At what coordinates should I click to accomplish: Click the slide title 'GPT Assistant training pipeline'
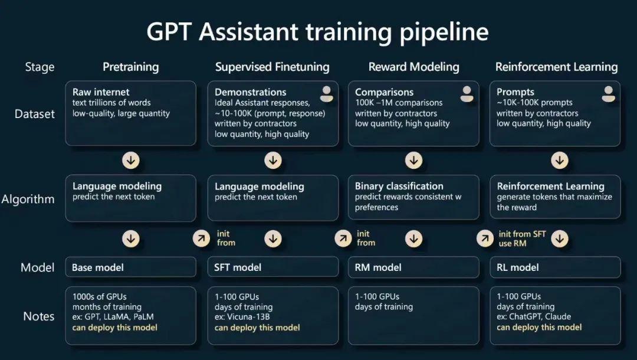click(x=317, y=32)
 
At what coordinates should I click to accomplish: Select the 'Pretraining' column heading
click(x=130, y=67)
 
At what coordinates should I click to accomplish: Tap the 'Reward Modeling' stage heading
click(x=413, y=67)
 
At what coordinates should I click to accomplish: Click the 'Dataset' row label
click(x=35, y=114)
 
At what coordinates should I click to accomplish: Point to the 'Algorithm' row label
click(x=28, y=199)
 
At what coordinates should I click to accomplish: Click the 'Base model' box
click(x=130, y=267)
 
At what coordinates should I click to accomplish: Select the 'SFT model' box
click(x=272, y=267)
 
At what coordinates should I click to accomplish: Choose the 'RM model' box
click(x=413, y=267)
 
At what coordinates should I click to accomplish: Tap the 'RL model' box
click(x=555, y=267)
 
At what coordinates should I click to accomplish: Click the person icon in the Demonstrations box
click(x=326, y=94)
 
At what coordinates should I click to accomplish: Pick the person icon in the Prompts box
click(x=608, y=94)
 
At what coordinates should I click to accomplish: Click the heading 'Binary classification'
click(x=399, y=186)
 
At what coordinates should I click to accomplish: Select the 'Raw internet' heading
click(x=101, y=92)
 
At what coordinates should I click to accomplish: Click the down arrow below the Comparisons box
click(x=413, y=161)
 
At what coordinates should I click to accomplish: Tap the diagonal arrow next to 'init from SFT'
click(x=485, y=238)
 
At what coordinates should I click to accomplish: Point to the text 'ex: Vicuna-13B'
click(x=242, y=317)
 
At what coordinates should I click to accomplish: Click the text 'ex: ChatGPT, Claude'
click(x=534, y=316)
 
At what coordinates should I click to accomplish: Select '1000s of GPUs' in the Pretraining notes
click(x=100, y=297)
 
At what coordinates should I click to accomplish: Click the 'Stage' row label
click(x=40, y=67)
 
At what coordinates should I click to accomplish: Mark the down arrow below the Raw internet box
click(x=131, y=161)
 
